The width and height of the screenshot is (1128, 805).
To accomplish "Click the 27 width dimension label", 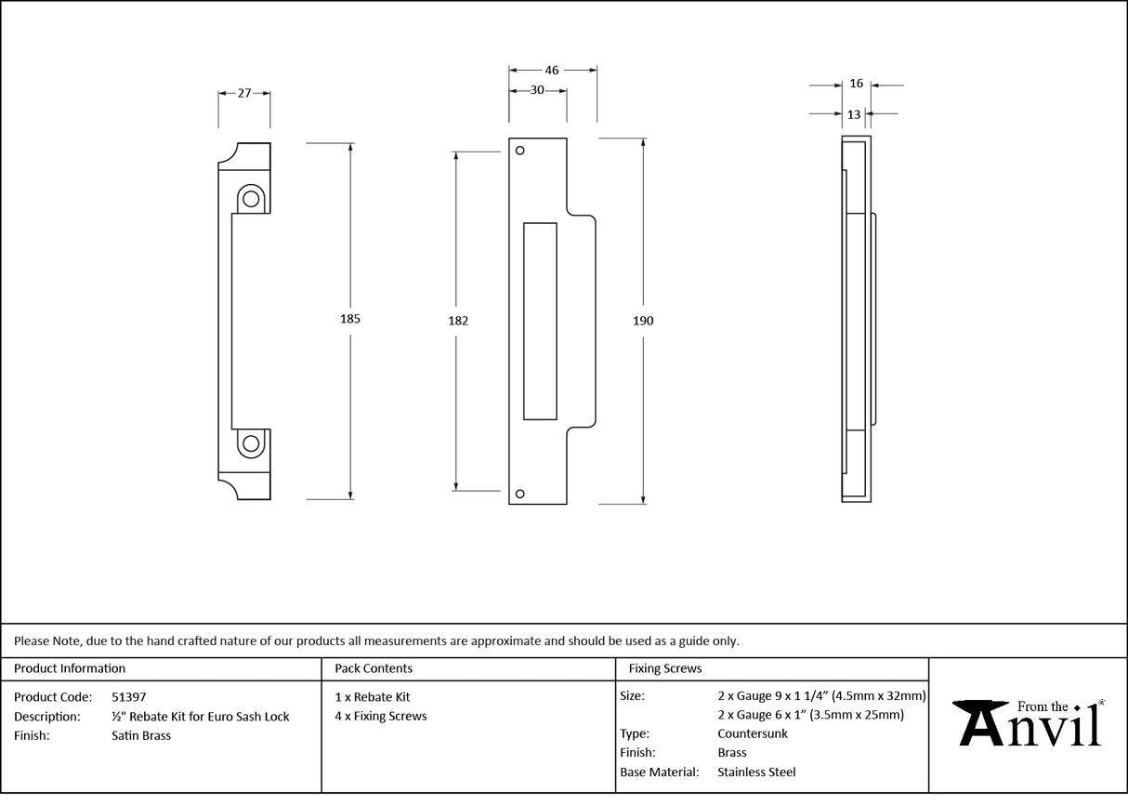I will coord(244,93).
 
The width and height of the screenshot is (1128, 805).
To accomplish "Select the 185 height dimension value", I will coord(349,319).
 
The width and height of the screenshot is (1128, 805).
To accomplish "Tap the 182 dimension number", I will coord(457,321).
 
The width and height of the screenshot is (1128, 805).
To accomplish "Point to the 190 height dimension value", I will coord(643,321).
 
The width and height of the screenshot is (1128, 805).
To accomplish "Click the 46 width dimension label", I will coord(552,70).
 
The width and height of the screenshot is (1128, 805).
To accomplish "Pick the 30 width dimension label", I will coord(537,90).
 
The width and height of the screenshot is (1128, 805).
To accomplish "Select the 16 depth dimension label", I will coord(856,84).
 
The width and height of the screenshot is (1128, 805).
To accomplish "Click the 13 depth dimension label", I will coord(854,114).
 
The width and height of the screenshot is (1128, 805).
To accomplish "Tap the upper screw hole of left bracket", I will coord(250,198).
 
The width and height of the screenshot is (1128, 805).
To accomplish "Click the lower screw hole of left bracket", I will coord(250,444).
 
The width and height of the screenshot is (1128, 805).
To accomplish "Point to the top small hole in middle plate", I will coord(520,151).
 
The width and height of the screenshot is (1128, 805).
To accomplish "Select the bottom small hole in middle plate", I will coord(520,494).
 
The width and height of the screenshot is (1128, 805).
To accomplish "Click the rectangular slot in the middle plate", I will coord(540,320).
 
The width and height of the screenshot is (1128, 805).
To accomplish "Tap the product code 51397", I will coord(128,696).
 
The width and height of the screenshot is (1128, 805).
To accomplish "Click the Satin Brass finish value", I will coord(140,735).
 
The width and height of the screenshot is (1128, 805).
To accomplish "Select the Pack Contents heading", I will coord(374,668).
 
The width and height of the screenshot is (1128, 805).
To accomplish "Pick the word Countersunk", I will coord(753,733).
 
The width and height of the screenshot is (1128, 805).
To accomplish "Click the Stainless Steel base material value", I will coord(756,772).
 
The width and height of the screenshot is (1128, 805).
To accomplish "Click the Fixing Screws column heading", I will coord(665,668).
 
